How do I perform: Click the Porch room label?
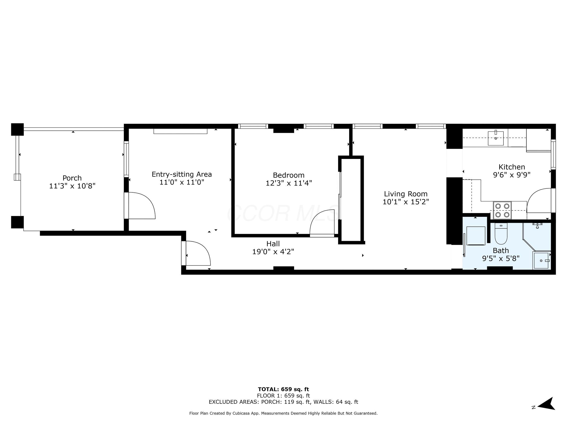(x=72, y=178)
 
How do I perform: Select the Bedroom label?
(x=289, y=175)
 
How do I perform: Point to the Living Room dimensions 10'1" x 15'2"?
(x=405, y=202)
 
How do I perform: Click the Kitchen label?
(x=512, y=167)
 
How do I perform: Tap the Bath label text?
(x=501, y=250)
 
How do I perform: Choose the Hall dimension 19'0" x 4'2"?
(x=273, y=251)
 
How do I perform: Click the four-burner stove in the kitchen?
(x=502, y=210)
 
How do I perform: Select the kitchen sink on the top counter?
(x=495, y=138)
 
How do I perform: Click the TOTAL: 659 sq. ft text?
(x=283, y=389)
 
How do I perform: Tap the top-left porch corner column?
(x=17, y=129)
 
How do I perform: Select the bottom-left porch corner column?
(x=17, y=222)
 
